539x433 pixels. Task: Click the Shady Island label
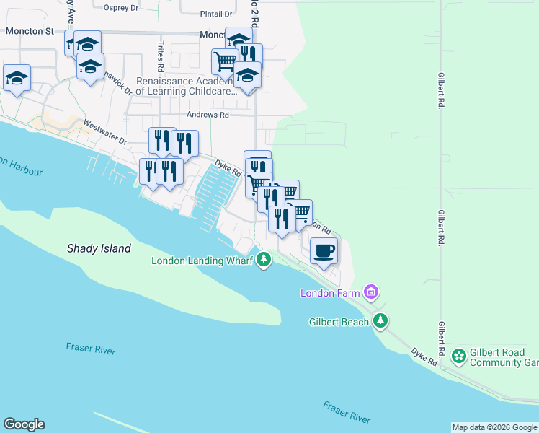coord(99,248)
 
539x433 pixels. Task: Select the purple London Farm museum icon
coord(371,292)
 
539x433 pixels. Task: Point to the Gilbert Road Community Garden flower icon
coord(458,356)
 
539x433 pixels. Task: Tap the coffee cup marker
coord(324,251)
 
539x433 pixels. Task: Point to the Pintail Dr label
coord(216,14)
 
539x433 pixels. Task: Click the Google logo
coord(24,424)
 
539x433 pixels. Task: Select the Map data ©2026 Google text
coord(494,427)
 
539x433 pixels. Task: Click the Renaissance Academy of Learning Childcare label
coord(187,87)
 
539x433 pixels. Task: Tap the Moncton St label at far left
coord(30,32)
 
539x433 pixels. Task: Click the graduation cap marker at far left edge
coord(17,78)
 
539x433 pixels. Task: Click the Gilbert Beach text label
coord(339,322)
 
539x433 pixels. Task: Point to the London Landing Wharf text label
coord(201,261)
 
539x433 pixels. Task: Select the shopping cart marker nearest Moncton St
coord(225,62)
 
